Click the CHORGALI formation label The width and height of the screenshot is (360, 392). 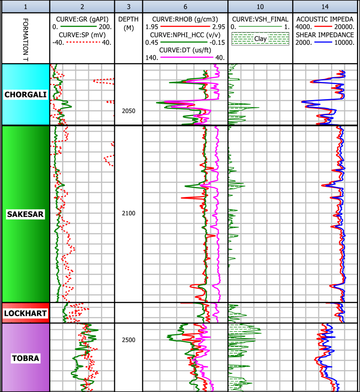(x=25, y=95)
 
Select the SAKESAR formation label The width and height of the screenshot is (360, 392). (x=25, y=214)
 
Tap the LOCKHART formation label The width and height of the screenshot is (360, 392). (x=25, y=313)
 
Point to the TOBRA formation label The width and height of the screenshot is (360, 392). (x=25, y=358)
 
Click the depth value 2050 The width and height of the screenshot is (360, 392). (x=128, y=111)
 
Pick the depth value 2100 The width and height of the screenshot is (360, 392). (x=128, y=213)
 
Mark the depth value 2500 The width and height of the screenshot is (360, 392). (x=128, y=340)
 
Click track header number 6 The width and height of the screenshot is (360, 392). (x=185, y=6)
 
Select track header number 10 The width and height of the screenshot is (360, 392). (x=260, y=6)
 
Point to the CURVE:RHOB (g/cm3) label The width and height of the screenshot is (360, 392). (x=185, y=19)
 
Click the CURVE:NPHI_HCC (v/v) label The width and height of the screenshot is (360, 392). (x=185, y=35)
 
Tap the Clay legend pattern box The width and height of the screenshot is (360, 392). (x=260, y=39)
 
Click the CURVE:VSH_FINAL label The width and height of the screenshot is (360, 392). (x=260, y=19)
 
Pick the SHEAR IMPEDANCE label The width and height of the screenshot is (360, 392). (x=325, y=35)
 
